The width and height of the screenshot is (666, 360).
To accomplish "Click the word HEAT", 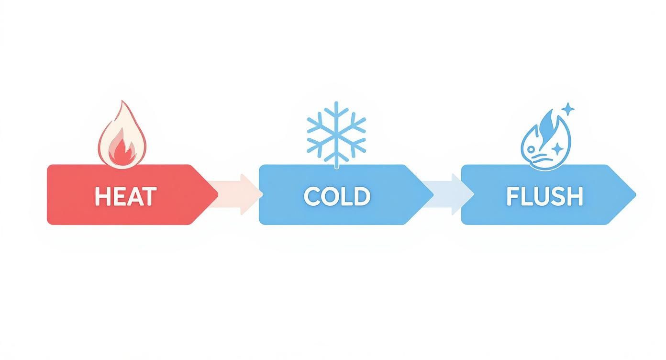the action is tap(125, 196).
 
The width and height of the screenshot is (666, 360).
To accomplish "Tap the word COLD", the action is tap(337, 196).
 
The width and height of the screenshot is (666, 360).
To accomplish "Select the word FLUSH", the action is tap(544, 196).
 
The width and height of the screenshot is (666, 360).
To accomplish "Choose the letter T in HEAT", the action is tap(149, 196).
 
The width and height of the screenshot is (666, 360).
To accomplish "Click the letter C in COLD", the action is tap(311, 196).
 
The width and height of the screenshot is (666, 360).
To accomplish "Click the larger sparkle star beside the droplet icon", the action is tap(568, 109).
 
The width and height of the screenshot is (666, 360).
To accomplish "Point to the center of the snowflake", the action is tap(336, 130).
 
